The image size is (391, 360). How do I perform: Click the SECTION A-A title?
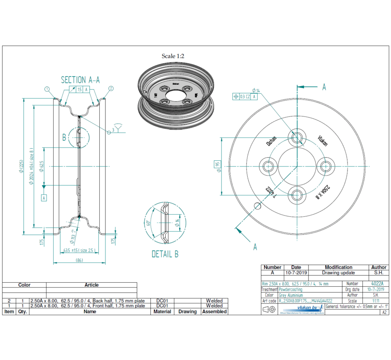80,80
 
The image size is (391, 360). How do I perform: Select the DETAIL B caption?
165,254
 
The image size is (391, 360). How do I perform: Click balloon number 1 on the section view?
47,89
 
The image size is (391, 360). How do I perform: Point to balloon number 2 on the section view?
111,89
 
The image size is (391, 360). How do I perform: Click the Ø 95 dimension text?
217,166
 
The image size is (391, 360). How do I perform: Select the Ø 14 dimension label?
256,90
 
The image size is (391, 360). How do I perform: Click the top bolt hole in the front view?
297,137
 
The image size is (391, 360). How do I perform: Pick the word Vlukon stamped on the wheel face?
322,141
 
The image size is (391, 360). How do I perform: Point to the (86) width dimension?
80,261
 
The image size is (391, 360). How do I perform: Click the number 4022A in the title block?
377,284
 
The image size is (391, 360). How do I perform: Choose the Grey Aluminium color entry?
291,295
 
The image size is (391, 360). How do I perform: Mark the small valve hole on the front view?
257,205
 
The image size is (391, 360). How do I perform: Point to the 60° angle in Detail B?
149,223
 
